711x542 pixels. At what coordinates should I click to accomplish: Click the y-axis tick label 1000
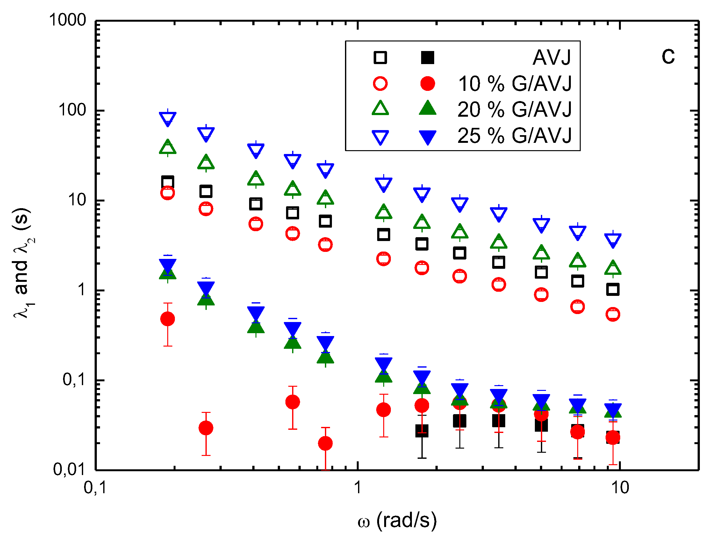68,20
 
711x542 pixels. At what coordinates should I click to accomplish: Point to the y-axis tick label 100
73,110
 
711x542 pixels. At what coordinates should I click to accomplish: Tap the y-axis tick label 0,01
69,470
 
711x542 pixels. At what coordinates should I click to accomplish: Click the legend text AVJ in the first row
551,58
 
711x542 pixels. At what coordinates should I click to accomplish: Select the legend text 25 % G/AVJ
514,135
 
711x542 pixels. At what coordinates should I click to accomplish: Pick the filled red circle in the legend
428,84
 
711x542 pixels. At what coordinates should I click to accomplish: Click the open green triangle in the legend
380,109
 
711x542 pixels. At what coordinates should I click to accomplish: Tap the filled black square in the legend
428,58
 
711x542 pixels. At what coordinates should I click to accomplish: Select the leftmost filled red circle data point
168,319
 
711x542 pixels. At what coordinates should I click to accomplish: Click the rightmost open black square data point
613,289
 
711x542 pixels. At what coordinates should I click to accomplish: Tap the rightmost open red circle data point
613,314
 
